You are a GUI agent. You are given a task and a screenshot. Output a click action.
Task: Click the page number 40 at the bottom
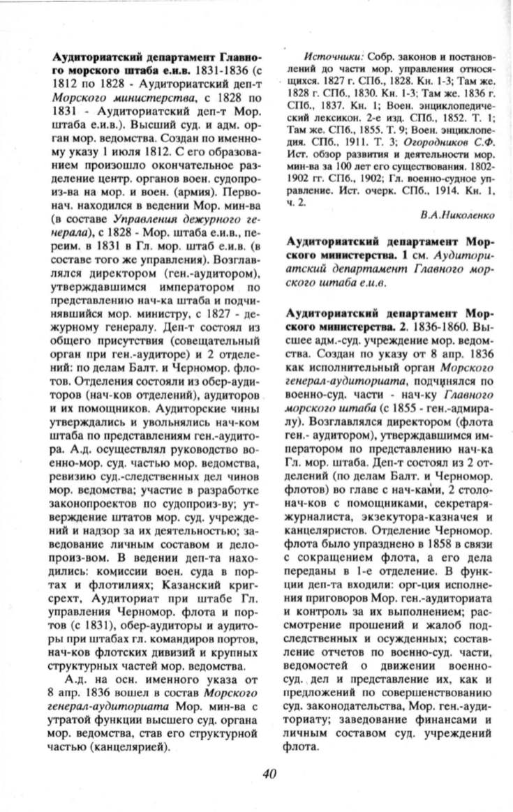pos(270,772)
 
